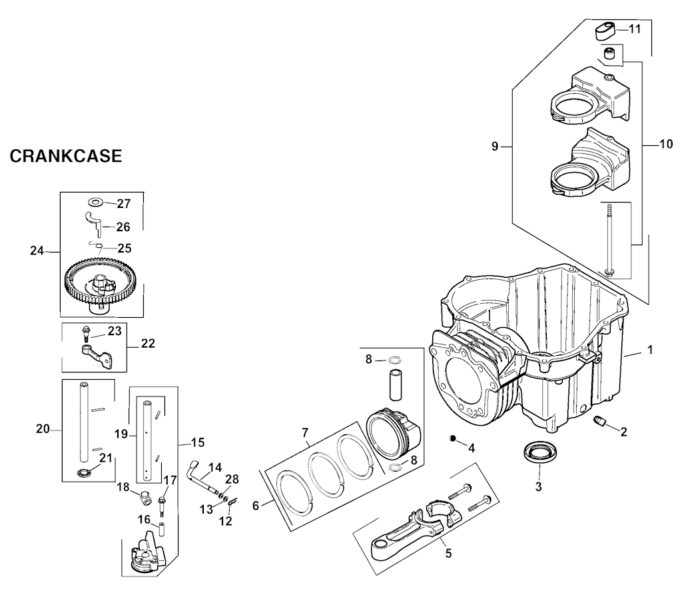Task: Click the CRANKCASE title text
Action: [x=66, y=157]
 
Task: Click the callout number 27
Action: [x=123, y=203]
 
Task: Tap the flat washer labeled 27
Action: [x=95, y=201]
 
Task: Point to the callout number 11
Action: [x=634, y=29]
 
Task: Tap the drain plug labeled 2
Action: [x=600, y=420]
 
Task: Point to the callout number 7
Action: [x=305, y=433]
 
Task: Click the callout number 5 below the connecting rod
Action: [x=448, y=552]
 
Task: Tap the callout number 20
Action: [x=43, y=429]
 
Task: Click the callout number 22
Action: [x=148, y=343]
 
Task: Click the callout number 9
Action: [x=495, y=147]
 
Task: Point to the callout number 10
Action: [x=666, y=144]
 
